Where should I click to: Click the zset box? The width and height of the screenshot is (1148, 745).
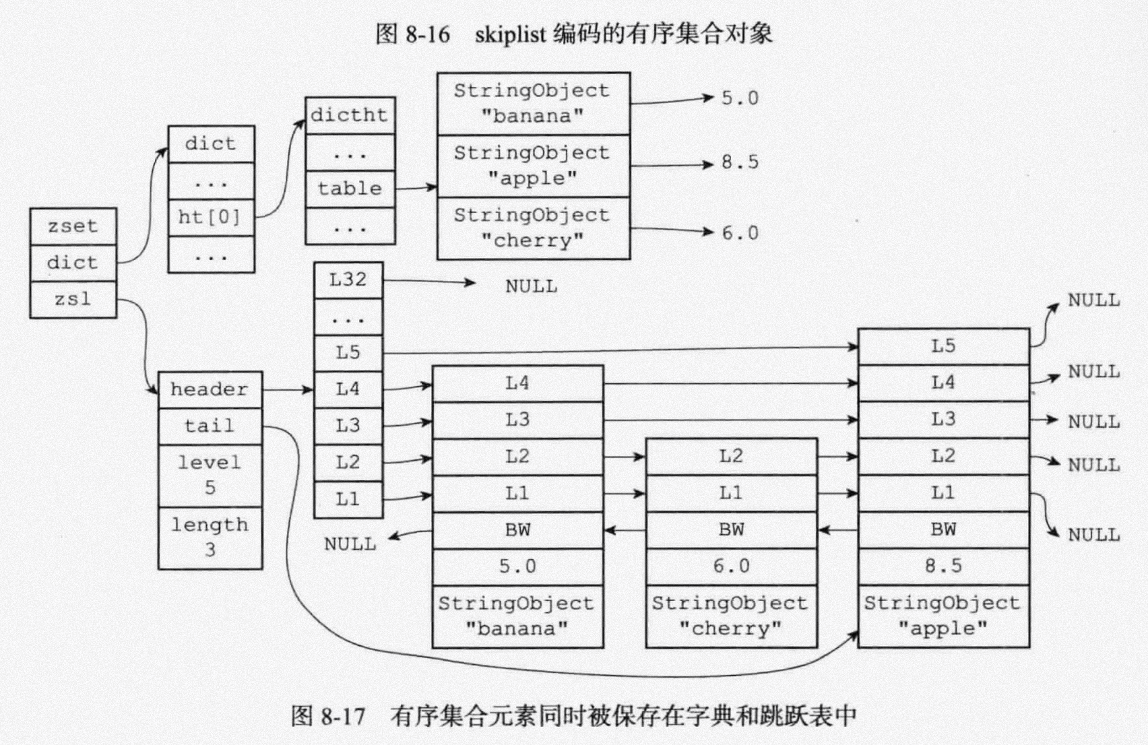pos(73,226)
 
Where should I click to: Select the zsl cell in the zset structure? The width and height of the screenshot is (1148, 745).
pos(73,299)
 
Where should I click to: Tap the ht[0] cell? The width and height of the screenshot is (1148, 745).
pos(210,217)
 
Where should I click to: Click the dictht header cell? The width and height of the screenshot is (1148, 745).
pos(350,115)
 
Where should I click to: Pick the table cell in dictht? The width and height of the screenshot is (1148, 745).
pos(350,189)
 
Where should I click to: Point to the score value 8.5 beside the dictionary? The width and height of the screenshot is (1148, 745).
pos(740,162)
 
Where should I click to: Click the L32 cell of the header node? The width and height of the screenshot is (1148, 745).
pos(348,280)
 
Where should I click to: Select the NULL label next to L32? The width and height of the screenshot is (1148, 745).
pos(531,286)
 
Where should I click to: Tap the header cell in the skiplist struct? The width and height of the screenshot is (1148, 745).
pos(210,389)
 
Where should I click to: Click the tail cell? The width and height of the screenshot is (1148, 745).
pos(210,426)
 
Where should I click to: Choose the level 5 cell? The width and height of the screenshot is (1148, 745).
pos(210,475)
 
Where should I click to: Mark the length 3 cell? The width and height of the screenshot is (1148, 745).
pos(210,537)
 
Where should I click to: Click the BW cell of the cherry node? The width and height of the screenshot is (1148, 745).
pos(731,529)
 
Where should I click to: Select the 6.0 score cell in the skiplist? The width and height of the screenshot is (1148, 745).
pos(731,566)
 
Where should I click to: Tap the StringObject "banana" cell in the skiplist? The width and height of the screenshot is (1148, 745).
pos(517,616)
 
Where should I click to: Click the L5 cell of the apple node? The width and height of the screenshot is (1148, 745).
pos(943,346)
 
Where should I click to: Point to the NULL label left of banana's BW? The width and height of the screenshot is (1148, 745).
pos(350,544)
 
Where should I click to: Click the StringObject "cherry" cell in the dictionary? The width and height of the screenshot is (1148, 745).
pos(532,228)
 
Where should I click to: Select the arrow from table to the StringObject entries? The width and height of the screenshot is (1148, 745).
pos(416,188)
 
